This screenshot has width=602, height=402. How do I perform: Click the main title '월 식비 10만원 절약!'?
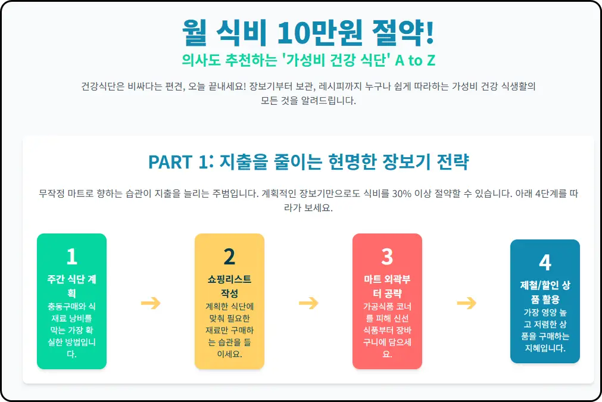tap(308, 32)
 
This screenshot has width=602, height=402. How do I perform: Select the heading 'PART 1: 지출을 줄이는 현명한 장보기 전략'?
tap(308, 161)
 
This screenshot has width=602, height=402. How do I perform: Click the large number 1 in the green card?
tap(71, 256)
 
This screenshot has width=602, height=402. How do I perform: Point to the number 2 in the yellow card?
tap(229, 256)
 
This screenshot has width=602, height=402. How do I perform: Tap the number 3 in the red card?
tap(387, 256)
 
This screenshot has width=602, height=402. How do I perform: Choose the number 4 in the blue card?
tap(545, 262)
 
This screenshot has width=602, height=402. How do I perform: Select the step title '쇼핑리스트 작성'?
tap(229, 286)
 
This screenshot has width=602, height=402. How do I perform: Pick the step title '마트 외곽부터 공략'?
tap(387, 286)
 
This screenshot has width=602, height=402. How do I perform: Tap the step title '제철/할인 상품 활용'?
tap(545, 292)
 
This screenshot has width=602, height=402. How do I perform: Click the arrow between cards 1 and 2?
tap(151, 303)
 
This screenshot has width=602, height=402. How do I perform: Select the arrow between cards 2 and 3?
tap(308, 303)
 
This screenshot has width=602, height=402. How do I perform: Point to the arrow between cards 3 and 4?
tap(466, 303)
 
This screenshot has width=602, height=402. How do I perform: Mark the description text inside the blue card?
tap(545, 330)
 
